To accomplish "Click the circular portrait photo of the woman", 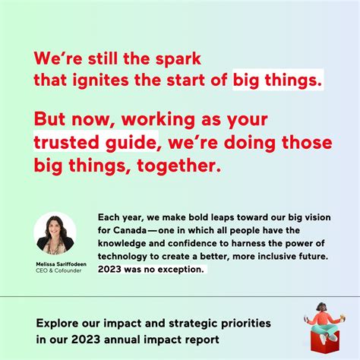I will (x=55, y=232).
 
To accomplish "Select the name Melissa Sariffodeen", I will (x=55, y=263).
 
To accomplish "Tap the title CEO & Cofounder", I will (x=55, y=270).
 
